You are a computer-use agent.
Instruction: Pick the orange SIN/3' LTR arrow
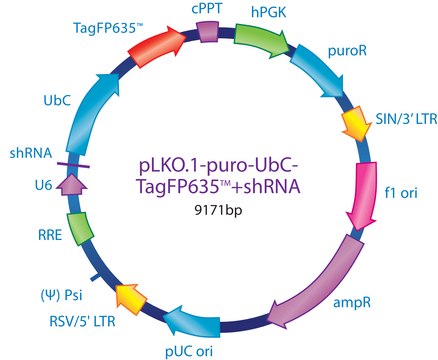tap(355, 123)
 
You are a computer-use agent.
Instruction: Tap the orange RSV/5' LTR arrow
tap(128, 296)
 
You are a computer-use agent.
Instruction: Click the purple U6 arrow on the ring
tap(70, 183)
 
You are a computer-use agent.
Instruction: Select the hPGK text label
tap(264, 12)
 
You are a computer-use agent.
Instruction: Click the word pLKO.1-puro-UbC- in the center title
tap(218, 163)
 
